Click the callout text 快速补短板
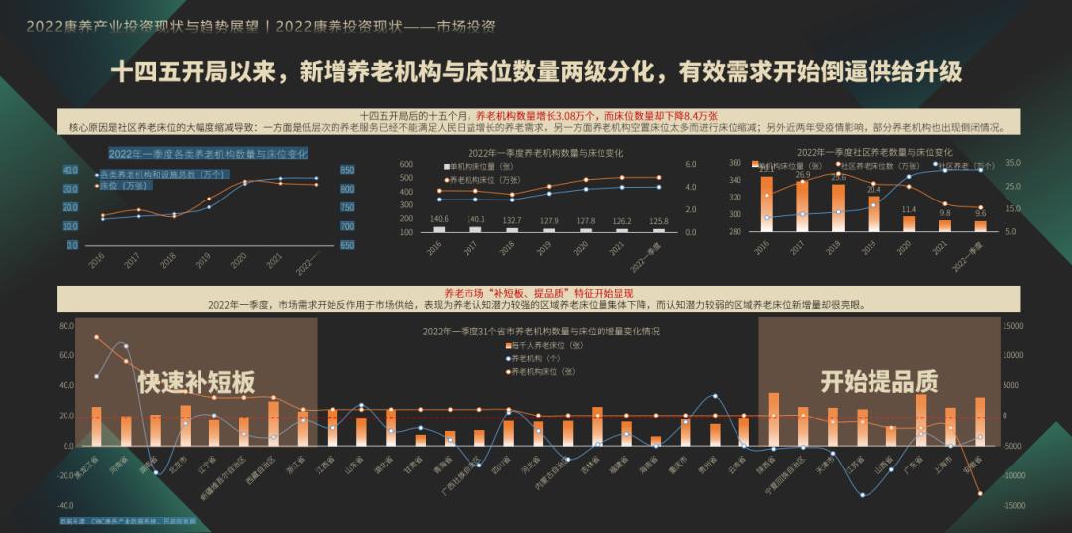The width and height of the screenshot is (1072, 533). coord(197,382)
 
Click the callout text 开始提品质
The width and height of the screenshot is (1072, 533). coord(878,381)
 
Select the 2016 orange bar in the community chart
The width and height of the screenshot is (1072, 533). coord(766,202)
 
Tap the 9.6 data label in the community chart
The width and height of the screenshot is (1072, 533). coord(980,213)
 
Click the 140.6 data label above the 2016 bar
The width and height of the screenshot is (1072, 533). coord(439,219)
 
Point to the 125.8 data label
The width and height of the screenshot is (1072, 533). coord(659,220)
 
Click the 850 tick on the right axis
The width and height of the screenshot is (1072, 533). coord(346,170)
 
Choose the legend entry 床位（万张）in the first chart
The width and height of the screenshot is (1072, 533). coord(124,185)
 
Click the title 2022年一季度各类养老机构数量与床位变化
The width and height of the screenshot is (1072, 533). coord(207,153)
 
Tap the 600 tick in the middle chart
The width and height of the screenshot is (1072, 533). coord(406,163)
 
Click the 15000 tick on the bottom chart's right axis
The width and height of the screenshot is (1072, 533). coord(1012,325)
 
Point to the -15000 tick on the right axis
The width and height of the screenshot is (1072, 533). coord(1012,506)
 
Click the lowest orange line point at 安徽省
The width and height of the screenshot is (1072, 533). coord(980,493)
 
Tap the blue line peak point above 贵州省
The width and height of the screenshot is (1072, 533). coord(716,396)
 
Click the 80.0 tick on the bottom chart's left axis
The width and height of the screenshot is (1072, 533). coord(68,325)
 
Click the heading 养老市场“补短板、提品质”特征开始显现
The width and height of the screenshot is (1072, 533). coord(536,294)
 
